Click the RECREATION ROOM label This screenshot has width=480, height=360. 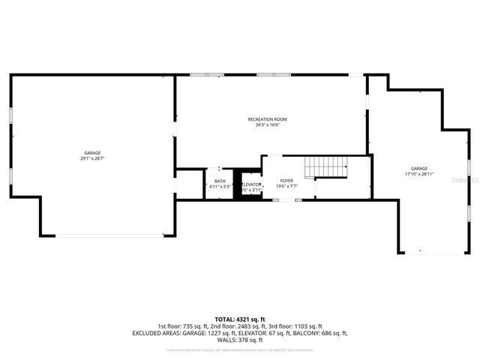pyautogui.click(x=267, y=119)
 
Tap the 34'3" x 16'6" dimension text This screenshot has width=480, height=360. pyautogui.click(x=267, y=125)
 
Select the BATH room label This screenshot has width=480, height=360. pyautogui.click(x=220, y=181)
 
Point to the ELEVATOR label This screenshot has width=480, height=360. pyautogui.click(x=252, y=184)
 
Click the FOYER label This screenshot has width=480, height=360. pyautogui.click(x=286, y=181)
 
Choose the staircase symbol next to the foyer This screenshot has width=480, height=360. pyautogui.click(x=328, y=166)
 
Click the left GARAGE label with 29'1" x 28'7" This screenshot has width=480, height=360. pyautogui.click(x=92, y=153)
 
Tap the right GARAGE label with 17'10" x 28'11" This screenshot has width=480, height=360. pyautogui.click(x=418, y=169)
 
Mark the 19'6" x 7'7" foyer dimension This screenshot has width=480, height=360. pyautogui.click(x=286, y=187)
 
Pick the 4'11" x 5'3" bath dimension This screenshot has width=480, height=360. pyautogui.click(x=220, y=187)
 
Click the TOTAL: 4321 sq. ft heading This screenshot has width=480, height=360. pyautogui.click(x=239, y=320)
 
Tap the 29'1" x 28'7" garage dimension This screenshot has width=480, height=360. pyautogui.click(x=92, y=159)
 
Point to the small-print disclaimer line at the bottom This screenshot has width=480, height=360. pyautogui.click(x=239, y=349)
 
